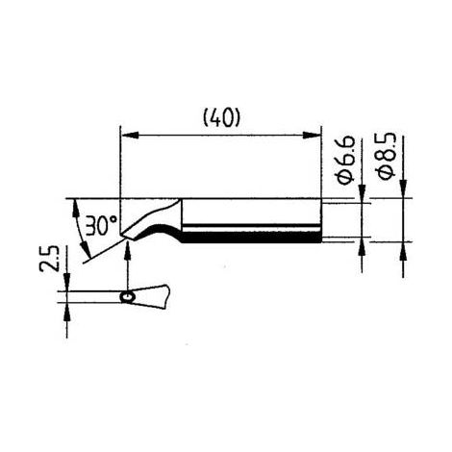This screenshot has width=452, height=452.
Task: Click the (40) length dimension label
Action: click(x=221, y=118)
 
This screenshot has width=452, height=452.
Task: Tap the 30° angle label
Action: click(x=101, y=225)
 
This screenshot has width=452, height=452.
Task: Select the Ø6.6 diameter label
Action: click(x=346, y=160)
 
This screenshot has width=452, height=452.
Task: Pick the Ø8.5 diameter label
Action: click(x=387, y=156)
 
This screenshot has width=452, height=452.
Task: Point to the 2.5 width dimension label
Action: click(x=49, y=259)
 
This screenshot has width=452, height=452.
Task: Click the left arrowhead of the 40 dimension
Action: click(x=129, y=136)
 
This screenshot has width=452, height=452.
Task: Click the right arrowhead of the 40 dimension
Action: click(x=312, y=136)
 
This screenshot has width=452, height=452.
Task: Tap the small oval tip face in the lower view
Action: click(x=128, y=297)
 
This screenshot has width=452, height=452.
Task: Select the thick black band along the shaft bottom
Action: click(x=251, y=238)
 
